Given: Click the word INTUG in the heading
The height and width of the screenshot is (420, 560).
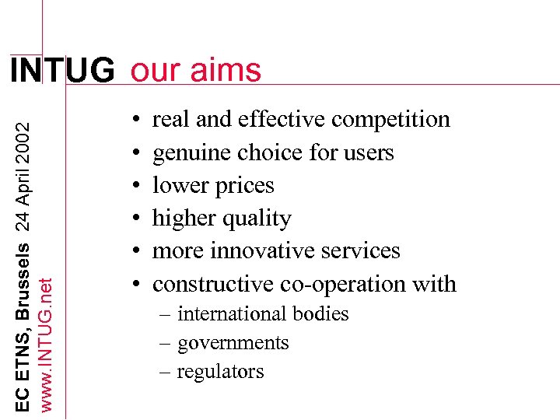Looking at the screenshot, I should [61, 71].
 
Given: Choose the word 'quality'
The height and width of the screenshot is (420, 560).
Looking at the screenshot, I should [256, 219].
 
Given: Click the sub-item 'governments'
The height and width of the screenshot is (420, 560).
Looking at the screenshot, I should [233, 343].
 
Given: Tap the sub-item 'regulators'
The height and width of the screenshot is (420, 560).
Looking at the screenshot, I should [221, 372].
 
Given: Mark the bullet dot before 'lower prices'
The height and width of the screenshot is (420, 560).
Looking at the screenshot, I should [135, 186].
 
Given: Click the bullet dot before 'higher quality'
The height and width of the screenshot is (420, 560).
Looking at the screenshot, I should [135, 219].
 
